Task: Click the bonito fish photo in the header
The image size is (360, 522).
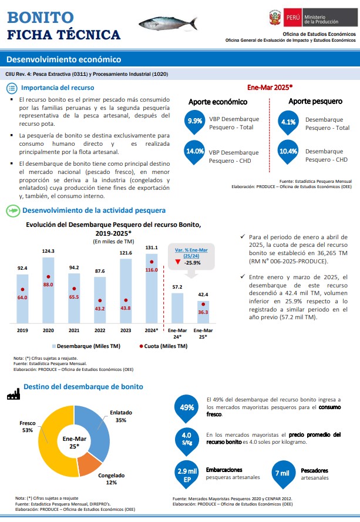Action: coord(168,24)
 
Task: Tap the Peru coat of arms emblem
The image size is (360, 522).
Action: coord(275,17)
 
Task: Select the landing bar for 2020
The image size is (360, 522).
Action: coord(48,290)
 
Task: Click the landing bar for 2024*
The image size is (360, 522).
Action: coord(152,288)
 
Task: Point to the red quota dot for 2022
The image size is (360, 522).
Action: coord(100,300)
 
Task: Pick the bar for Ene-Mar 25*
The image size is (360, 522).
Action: coord(203,312)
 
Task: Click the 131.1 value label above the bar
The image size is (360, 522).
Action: coord(152,247)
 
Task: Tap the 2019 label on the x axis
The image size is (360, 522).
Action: coord(22,330)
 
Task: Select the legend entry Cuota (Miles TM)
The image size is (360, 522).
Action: coord(163,346)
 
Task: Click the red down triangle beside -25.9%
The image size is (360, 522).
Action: coord(178,262)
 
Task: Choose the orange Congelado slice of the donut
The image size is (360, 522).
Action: coord(89,463)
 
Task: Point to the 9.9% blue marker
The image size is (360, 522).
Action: coord(194,122)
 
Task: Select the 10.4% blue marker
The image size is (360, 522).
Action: coord(288,152)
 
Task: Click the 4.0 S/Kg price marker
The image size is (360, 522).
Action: coord(187,440)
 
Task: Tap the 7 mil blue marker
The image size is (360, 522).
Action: coord(282,474)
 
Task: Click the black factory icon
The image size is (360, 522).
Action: coord(14,394)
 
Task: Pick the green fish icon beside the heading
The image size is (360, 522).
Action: coord(13,210)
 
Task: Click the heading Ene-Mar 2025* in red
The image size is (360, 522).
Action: coord(270,88)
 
